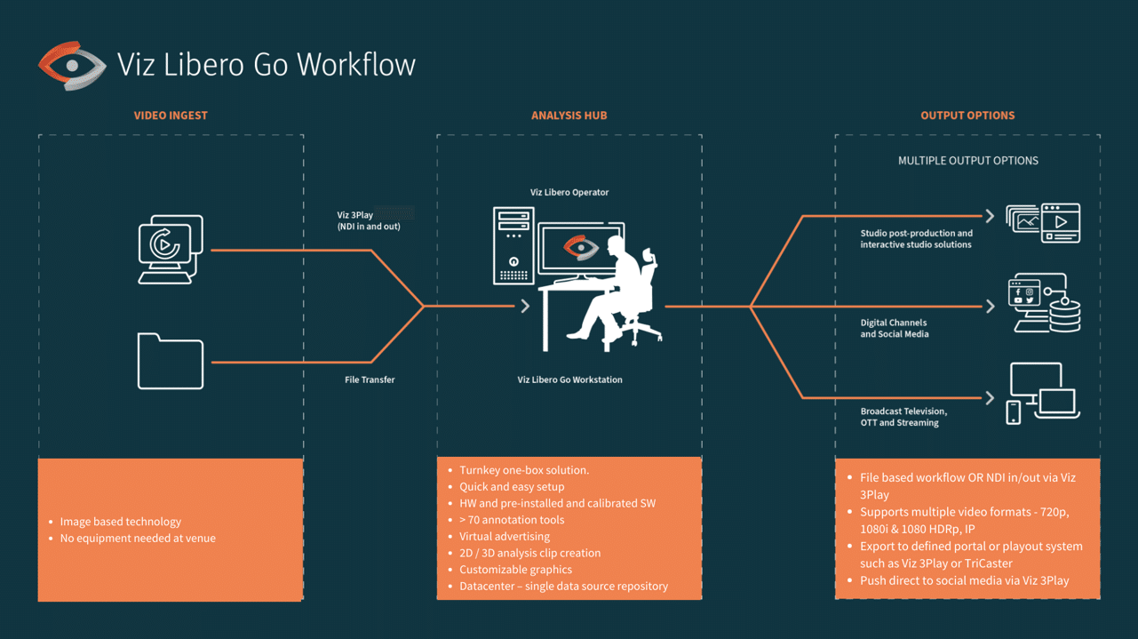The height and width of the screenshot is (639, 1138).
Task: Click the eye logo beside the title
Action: click(72, 66)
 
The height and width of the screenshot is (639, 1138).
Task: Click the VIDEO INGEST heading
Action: click(171, 116)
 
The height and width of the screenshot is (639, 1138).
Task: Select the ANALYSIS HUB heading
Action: click(569, 116)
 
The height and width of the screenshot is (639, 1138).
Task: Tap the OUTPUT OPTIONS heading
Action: click(967, 116)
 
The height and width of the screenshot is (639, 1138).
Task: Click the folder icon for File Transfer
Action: click(171, 361)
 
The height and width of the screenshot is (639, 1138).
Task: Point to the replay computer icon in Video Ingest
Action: click(171, 249)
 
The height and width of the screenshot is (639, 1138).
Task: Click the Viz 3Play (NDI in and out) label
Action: click(369, 220)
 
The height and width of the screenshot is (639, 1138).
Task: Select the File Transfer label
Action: click(370, 379)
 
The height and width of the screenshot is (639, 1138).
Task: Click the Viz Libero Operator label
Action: click(569, 192)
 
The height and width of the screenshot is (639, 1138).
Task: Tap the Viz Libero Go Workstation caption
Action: click(569, 379)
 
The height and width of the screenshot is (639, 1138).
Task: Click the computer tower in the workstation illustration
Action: click(513, 245)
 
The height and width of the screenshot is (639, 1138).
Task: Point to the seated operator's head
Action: click(617, 246)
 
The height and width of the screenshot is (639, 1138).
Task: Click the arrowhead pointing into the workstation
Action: click(525, 306)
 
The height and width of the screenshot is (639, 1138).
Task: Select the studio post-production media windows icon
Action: click(1043, 223)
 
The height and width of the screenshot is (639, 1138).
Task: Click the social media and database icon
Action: click(1044, 303)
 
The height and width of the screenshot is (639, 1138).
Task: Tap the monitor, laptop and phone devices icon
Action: click(1043, 393)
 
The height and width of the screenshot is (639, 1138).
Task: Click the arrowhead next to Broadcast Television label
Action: click(990, 397)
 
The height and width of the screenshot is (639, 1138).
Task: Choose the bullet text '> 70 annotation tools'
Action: click(512, 520)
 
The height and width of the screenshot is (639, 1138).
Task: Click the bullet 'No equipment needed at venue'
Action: click(138, 538)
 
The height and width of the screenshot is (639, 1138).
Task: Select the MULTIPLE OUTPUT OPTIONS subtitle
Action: click(967, 161)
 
